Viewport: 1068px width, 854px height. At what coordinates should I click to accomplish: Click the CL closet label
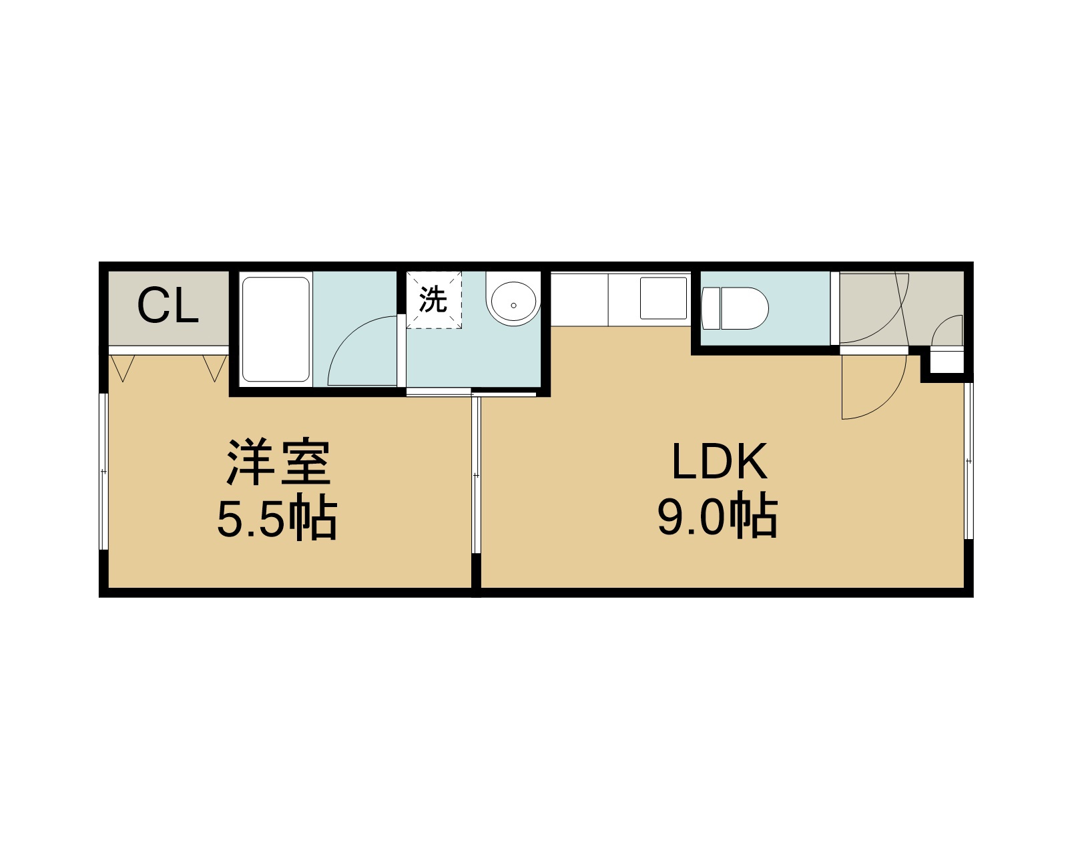coord(168,306)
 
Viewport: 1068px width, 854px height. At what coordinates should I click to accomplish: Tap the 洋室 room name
coord(278,462)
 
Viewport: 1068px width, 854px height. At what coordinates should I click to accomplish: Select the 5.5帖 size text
coord(278,517)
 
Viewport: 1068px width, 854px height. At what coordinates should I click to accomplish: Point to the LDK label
coord(719,462)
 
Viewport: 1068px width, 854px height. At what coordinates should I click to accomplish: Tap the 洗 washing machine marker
coord(433,299)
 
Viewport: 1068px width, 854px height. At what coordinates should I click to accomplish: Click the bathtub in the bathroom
coord(276,330)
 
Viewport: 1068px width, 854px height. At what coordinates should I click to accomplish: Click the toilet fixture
coord(734,308)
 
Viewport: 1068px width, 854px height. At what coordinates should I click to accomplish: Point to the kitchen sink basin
coord(663,298)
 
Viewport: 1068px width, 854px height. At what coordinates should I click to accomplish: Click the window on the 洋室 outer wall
coord(103,472)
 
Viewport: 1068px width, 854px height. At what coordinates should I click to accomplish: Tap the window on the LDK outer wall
coord(969,461)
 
